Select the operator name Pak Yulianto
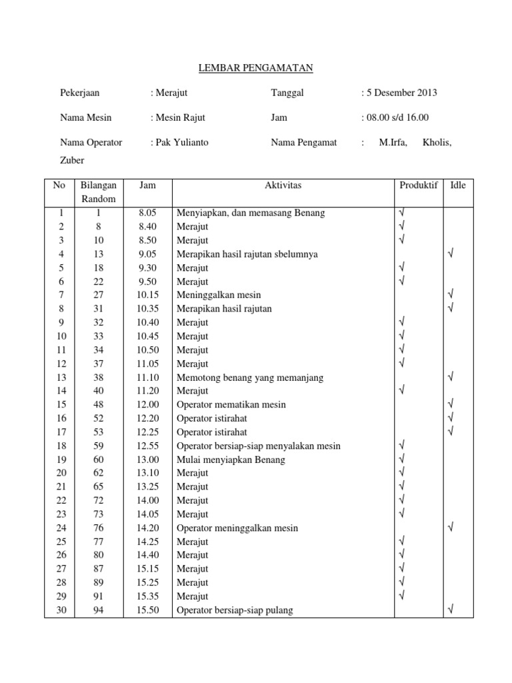[x=179, y=142]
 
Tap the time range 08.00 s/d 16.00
[x=397, y=117]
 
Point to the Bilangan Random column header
[x=99, y=192]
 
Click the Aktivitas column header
[x=283, y=185]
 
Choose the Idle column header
[x=457, y=185]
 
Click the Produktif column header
[x=418, y=185]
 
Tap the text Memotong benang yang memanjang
[x=249, y=378]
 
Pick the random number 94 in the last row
[x=99, y=610]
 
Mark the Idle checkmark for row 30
[x=451, y=609]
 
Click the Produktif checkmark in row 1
[x=401, y=212]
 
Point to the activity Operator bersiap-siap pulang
[x=235, y=610]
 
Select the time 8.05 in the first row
[x=147, y=213]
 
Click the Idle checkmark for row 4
[x=451, y=253]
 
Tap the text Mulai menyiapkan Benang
[x=231, y=460]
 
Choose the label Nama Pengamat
[x=304, y=142]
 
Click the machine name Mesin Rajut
[x=179, y=117]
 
